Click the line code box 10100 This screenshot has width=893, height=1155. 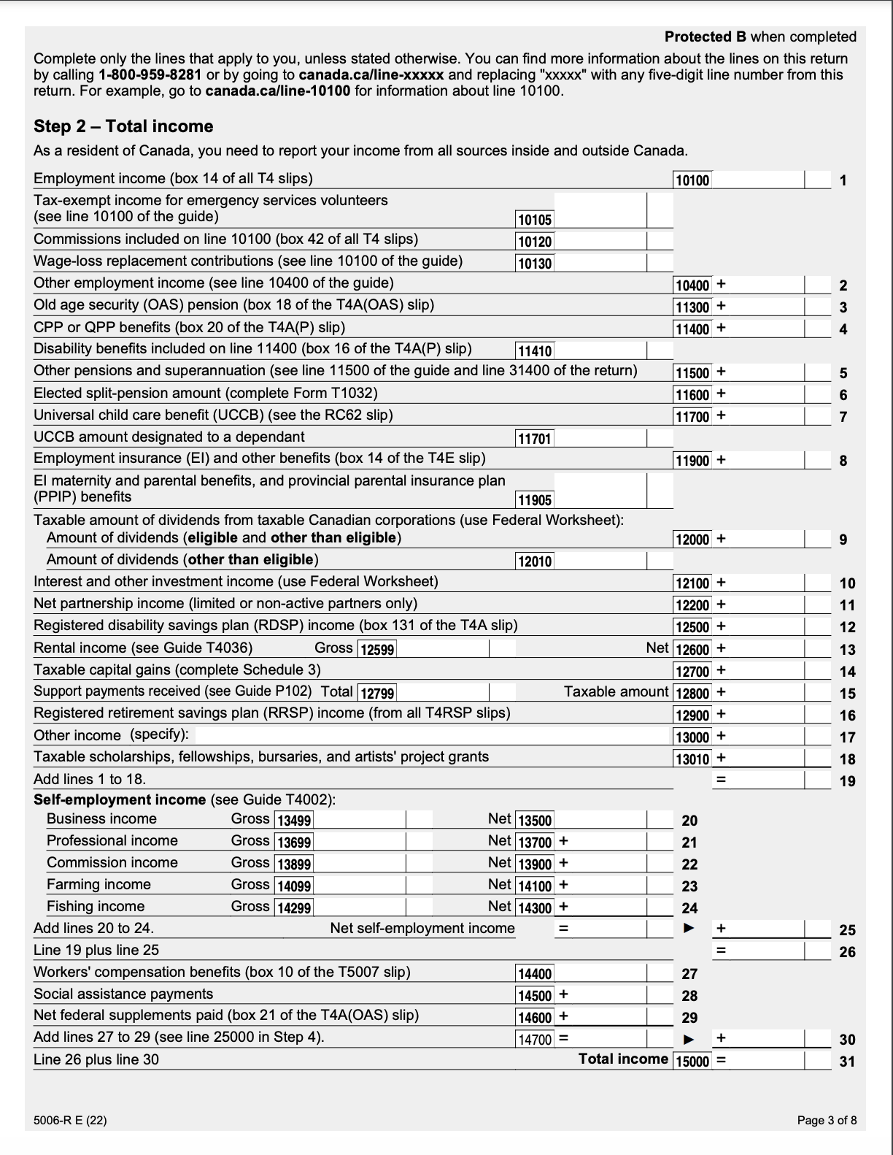(692, 180)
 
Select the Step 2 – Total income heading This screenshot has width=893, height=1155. (123, 126)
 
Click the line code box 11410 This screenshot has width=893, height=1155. (534, 351)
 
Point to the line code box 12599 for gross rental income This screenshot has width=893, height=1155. (377, 649)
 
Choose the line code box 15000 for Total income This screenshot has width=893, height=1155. (692, 1061)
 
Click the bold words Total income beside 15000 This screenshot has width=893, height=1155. (623, 1059)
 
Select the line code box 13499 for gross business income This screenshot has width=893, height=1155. (293, 820)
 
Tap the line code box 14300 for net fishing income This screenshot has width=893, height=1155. (535, 907)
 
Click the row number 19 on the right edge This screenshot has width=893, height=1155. (847, 781)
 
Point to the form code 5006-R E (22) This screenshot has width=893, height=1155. (70, 1120)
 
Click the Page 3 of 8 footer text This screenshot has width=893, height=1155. (827, 1120)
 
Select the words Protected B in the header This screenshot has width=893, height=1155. (705, 37)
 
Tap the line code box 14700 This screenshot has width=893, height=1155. (535, 1039)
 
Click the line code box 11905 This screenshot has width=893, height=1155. (535, 500)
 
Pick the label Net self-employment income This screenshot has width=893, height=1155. (422, 929)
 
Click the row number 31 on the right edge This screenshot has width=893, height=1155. (847, 1062)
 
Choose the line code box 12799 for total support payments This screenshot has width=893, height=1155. (377, 693)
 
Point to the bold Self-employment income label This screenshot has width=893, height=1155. (120, 799)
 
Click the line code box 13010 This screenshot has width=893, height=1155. (692, 759)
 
